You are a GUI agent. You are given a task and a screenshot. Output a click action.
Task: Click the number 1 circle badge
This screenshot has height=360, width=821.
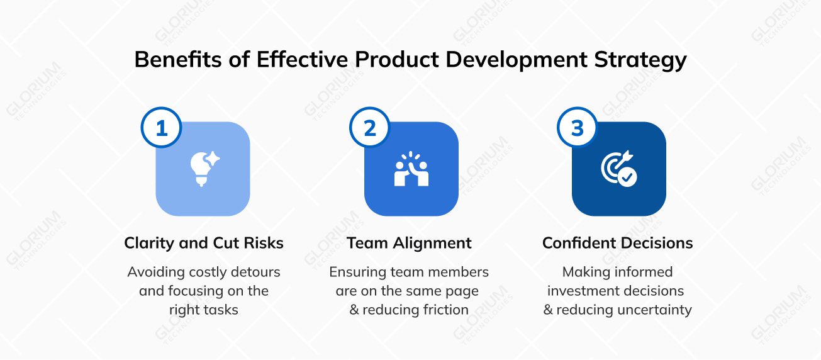tap(162, 128)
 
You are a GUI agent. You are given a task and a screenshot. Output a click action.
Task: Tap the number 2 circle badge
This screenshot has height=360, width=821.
tap(370, 128)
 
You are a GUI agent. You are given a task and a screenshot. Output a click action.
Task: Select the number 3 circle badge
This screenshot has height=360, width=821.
tap(578, 128)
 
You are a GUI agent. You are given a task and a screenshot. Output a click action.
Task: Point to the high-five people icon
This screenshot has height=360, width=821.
tap(411, 169)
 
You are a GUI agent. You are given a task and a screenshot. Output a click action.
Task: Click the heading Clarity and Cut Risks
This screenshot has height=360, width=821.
tap(204, 243)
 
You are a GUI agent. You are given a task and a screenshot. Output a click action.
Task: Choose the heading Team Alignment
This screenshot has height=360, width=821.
tap(409, 243)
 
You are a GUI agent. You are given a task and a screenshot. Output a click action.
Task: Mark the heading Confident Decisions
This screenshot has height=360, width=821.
tap(618, 243)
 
